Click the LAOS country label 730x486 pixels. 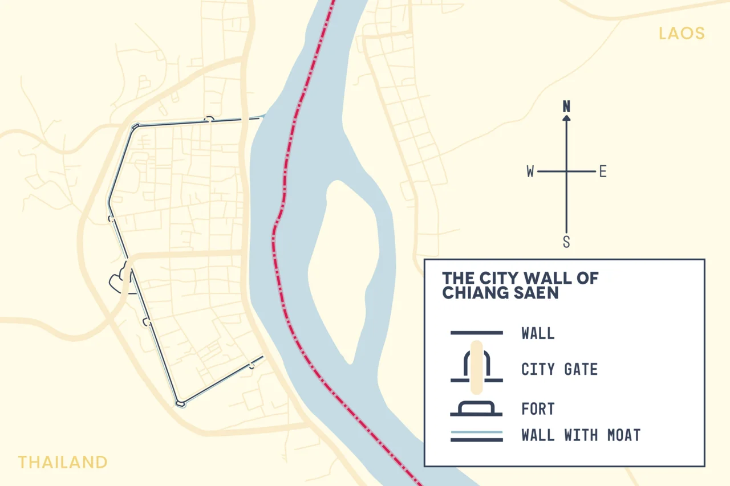pos(682,33)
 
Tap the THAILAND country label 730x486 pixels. pos(62,462)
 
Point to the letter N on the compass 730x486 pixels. pos(566,107)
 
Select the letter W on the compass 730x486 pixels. pos(530,171)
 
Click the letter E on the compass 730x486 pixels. pos(602,171)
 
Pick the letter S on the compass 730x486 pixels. pos(566,242)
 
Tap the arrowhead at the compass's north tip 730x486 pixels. pos(566,118)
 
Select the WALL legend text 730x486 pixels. pos(538,333)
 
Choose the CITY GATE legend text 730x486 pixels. pos(559,369)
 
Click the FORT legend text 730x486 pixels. pos(538,409)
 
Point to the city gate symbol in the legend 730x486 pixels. pos(477,367)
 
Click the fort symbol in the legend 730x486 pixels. pos(477,409)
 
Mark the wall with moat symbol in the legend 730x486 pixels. pos(477,436)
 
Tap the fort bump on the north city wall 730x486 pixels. pos(210,119)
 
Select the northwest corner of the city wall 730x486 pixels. pos(135,127)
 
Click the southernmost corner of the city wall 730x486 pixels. pos(181,403)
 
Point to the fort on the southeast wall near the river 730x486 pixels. pos(252,365)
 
